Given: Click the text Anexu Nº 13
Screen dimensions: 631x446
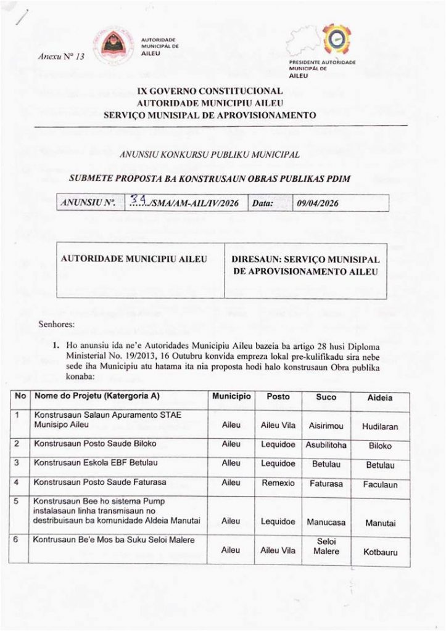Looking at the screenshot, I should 60,57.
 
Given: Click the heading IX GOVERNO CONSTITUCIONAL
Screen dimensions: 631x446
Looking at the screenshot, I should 210,91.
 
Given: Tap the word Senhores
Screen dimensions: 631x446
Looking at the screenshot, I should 56,322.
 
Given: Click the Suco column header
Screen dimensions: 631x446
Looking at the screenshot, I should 326,397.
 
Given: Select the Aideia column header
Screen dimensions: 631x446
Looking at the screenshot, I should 380,399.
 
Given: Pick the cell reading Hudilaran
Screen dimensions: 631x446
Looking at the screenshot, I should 380,426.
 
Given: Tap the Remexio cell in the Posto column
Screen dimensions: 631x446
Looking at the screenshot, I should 278,484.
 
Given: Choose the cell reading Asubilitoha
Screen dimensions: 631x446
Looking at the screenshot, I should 326,444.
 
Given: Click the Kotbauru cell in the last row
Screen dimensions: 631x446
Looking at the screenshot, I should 380,552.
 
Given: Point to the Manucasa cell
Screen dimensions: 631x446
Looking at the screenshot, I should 326,522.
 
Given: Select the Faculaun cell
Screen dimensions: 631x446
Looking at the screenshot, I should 380,485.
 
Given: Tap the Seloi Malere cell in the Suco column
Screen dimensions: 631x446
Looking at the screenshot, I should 326,546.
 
